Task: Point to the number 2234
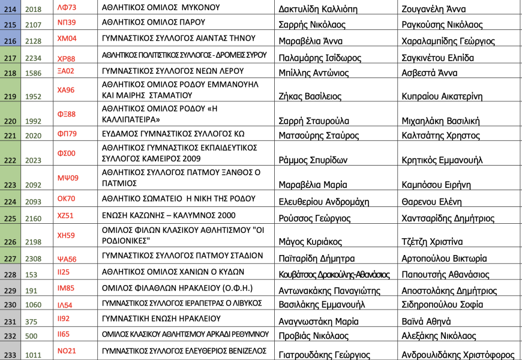click(34, 58)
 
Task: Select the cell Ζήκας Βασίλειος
click(310, 97)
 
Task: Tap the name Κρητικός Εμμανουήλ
click(443, 160)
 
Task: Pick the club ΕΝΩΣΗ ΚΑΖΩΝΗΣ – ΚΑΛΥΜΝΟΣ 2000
click(178, 214)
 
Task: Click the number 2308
click(34, 259)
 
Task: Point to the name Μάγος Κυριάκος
click(310, 242)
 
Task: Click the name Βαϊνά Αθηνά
click(426, 321)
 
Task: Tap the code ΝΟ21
click(67, 350)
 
